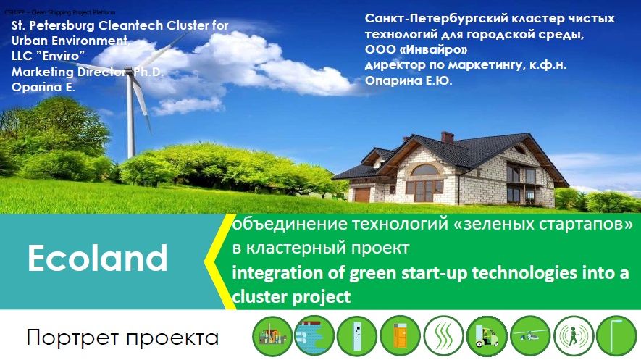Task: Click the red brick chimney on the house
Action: pos(447,138)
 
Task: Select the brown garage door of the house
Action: pos(362,195)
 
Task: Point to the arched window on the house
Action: pos(424,170)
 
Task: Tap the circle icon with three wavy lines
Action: pos(444,336)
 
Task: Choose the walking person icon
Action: pos(574,336)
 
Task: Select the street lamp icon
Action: pos(616,336)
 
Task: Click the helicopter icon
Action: pos(530,336)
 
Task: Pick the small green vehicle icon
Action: pos(487,336)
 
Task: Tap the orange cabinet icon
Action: pos(401,336)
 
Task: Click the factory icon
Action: pos(272,336)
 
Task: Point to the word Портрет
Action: pos(72,338)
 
